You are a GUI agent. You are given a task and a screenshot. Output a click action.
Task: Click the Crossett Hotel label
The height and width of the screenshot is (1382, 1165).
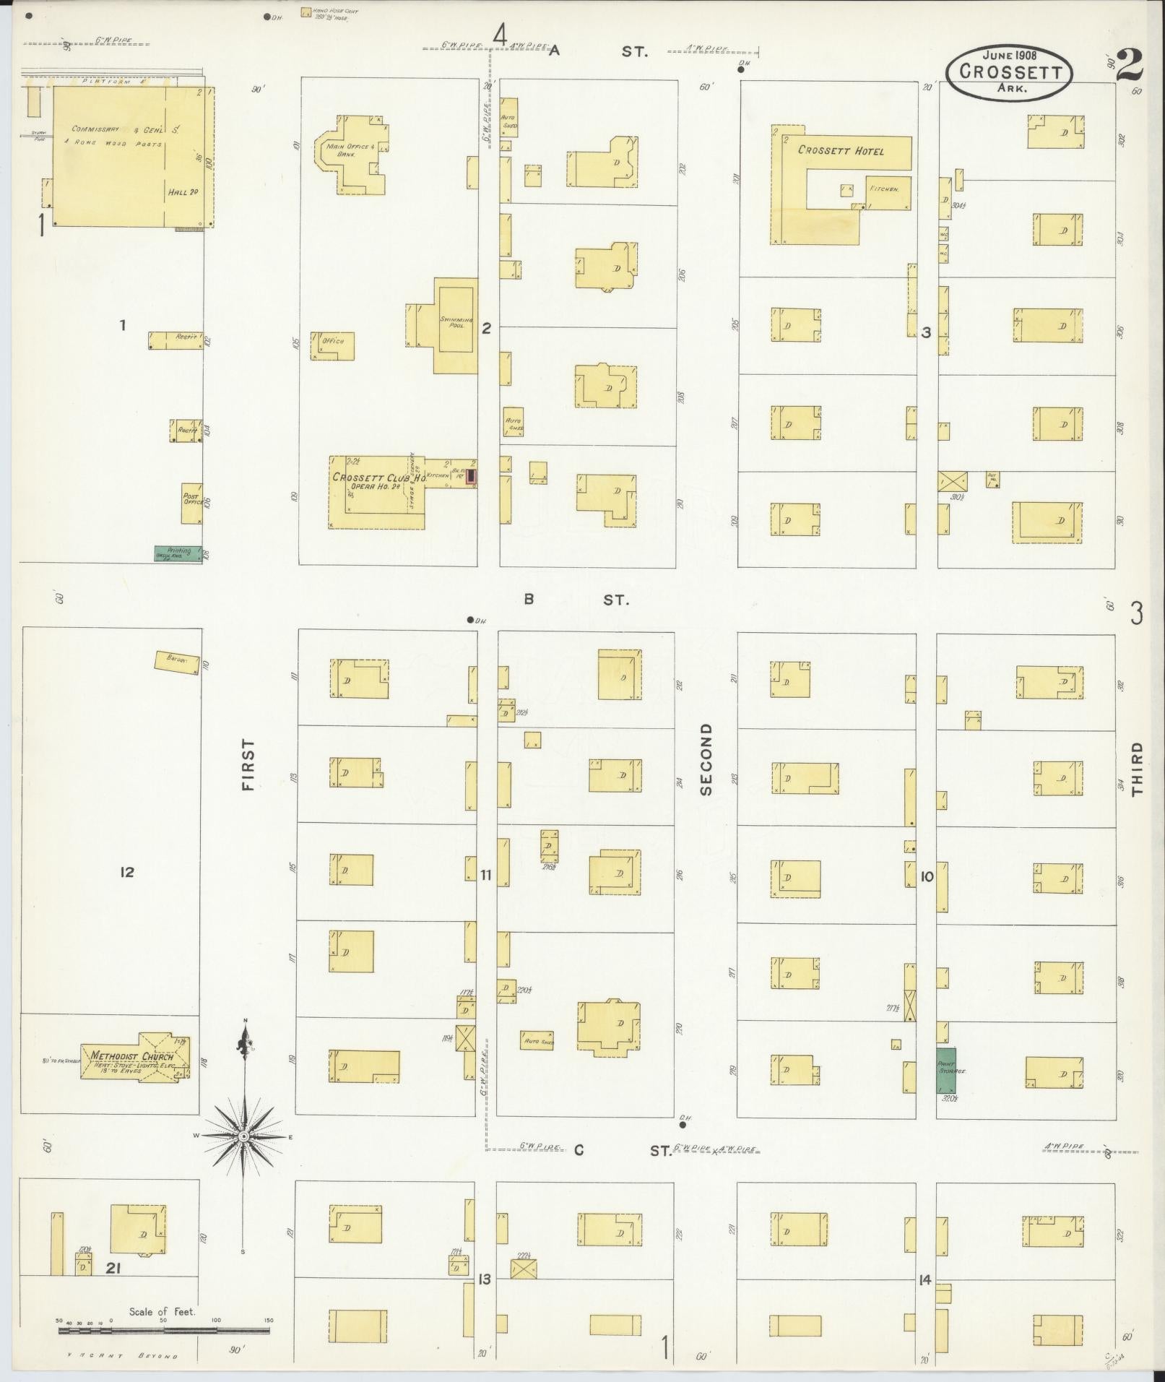click(840, 151)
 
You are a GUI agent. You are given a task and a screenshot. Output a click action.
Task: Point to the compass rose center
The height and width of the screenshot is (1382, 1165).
click(244, 1136)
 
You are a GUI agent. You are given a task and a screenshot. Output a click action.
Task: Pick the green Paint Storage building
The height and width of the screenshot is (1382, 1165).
click(946, 1071)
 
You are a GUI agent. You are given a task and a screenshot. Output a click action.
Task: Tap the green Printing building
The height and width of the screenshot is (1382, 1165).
click(178, 553)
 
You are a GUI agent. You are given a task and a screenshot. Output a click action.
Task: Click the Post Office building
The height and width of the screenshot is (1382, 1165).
click(191, 503)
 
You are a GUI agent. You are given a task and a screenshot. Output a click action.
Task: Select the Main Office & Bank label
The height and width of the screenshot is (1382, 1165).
click(350, 150)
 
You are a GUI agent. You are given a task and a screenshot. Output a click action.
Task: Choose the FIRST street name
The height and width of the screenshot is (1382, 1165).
click(249, 764)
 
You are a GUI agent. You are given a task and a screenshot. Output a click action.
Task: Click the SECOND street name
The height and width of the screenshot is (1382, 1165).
click(706, 759)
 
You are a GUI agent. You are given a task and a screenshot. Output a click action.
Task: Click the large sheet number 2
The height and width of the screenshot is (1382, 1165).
click(1129, 66)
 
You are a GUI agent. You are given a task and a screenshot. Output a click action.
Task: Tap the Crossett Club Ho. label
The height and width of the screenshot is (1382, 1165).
click(371, 478)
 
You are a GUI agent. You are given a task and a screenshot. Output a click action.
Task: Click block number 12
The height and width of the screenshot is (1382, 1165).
click(127, 873)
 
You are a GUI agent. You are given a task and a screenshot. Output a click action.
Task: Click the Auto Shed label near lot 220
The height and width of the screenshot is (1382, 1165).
click(537, 1041)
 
